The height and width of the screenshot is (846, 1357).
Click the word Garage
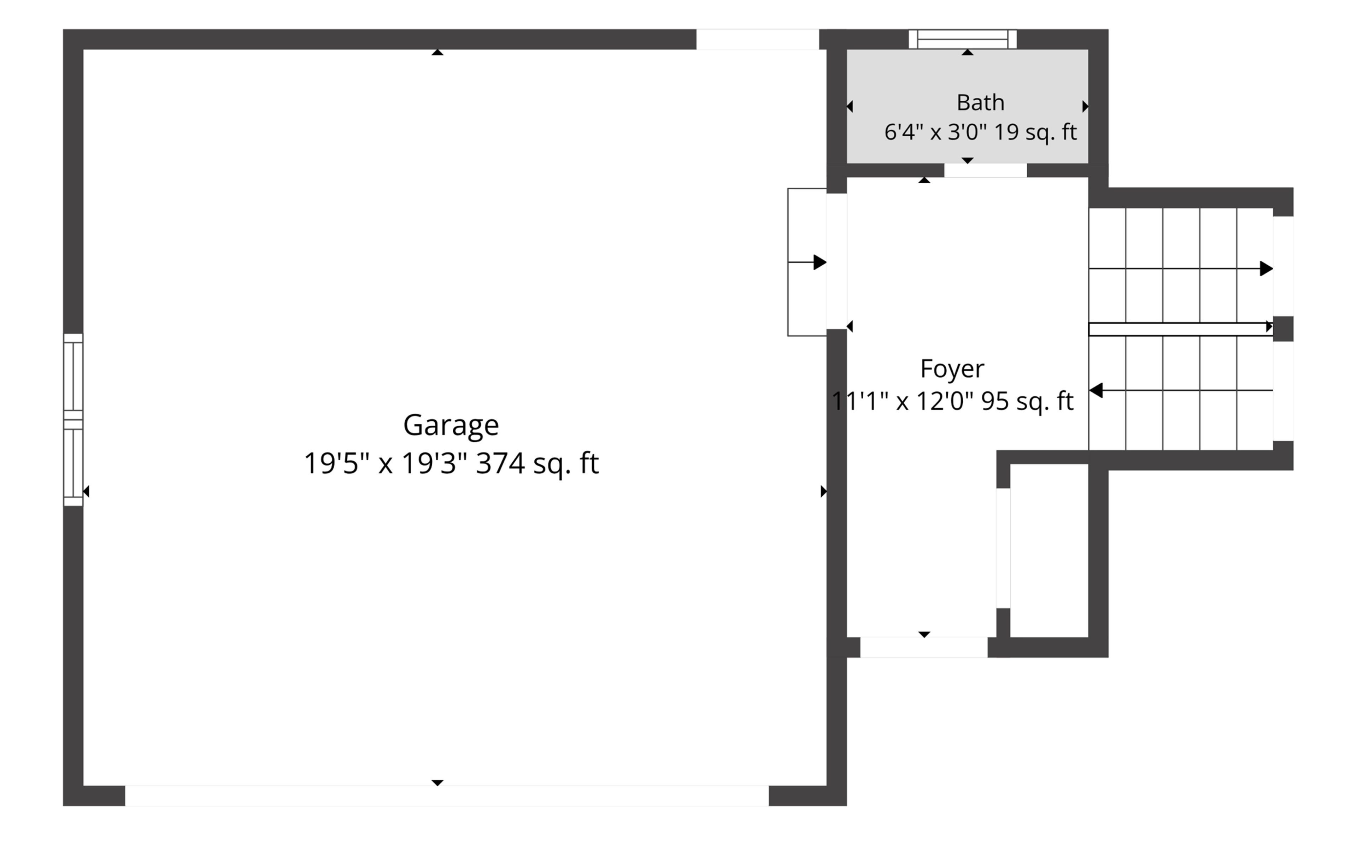pyautogui.click(x=451, y=426)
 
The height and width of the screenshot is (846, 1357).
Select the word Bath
pyautogui.click(x=980, y=102)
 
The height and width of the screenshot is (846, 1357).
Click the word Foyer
pyautogui.click(x=952, y=369)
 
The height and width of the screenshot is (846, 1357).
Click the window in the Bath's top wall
pyautogui.click(x=963, y=39)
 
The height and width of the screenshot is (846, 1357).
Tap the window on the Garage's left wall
pyautogui.click(x=73, y=420)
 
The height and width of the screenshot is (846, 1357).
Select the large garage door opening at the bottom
pyautogui.click(x=447, y=795)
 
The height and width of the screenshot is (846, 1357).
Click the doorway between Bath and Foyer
pyautogui.click(x=986, y=170)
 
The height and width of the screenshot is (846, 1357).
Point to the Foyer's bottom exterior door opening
pyautogui.click(x=924, y=647)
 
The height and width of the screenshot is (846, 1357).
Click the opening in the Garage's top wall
pyautogui.click(x=758, y=39)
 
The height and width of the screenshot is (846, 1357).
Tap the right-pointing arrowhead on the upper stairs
pyautogui.click(x=1266, y=268)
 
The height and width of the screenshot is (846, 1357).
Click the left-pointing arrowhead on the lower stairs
pyautogui.click(x=1096, y=391)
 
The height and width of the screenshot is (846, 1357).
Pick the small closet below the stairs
pyautogui.click(x=1049, y=551)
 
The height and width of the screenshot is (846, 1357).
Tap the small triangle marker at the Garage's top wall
pyautogui.click(x=437, y=53)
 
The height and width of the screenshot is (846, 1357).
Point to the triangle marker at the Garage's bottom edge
pyautogui.click(x=437, y=783)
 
